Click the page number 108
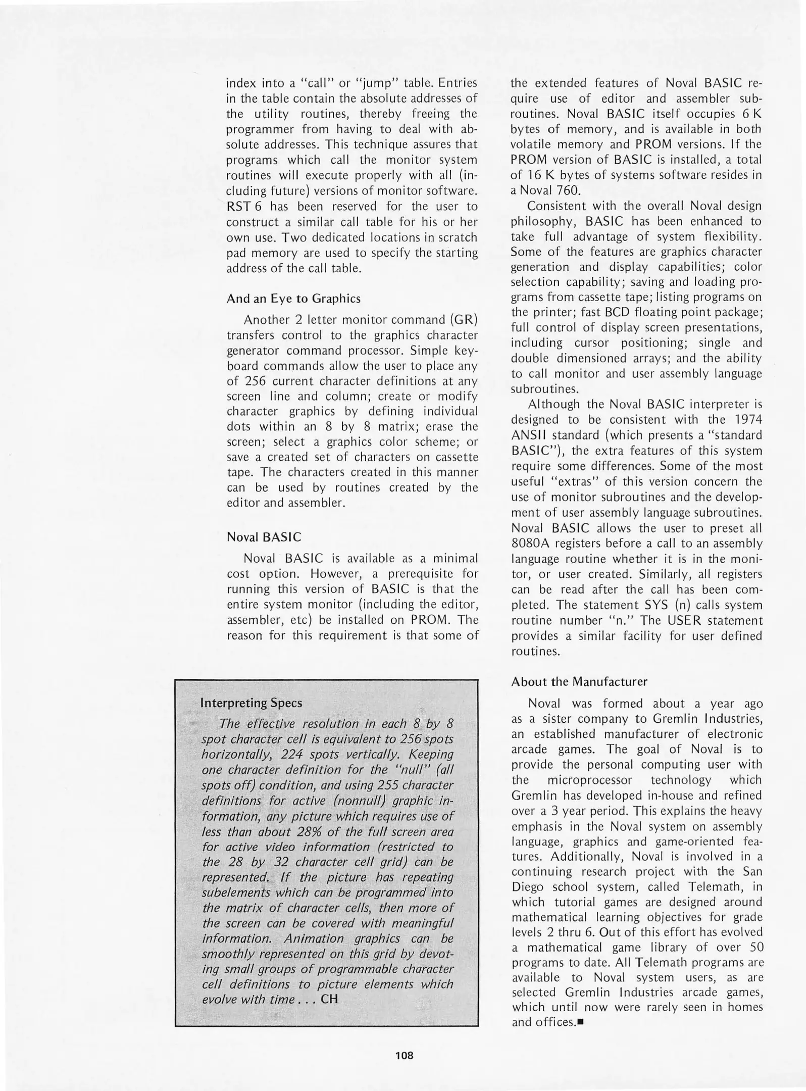pyautogui.click(x=405, y=1055)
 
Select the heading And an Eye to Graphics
pyautogui.click(x=293, y=299)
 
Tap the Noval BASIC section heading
pyautogui.click(x=264, y=536)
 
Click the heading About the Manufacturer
pyautogui.click(x=579, y=681)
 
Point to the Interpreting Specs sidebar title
pyautogui.click(x=251, y=703)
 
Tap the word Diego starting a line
pyautogui.click(x=527, y=887)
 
